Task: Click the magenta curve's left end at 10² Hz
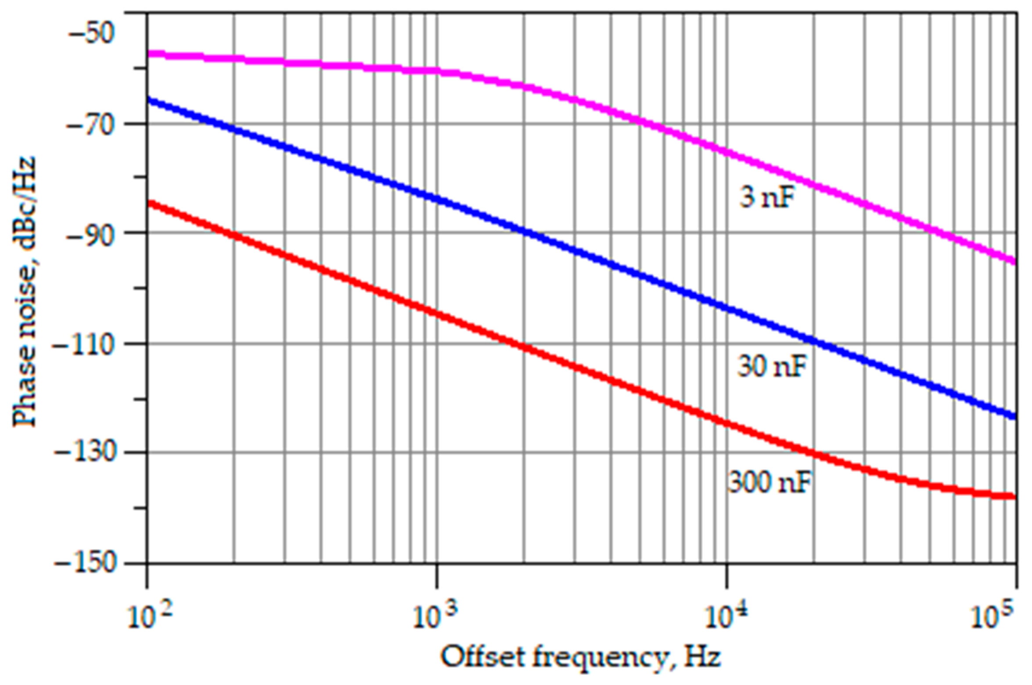coord(149,54)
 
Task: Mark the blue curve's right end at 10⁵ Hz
coord(1015,416)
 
